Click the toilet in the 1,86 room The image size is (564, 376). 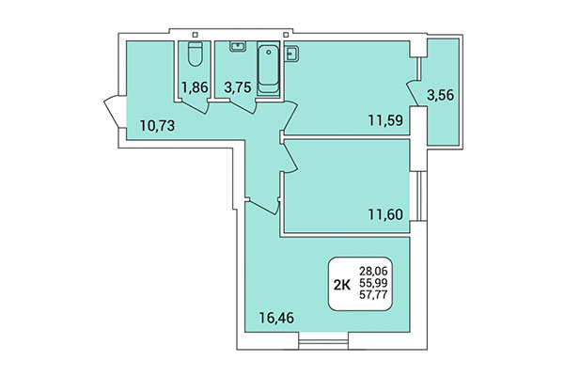coord(195,55)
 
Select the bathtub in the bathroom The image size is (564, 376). coord(270,69)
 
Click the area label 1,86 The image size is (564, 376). coord(195,87)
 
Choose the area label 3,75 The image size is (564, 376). coord(236,87)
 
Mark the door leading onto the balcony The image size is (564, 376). coord(414,93)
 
